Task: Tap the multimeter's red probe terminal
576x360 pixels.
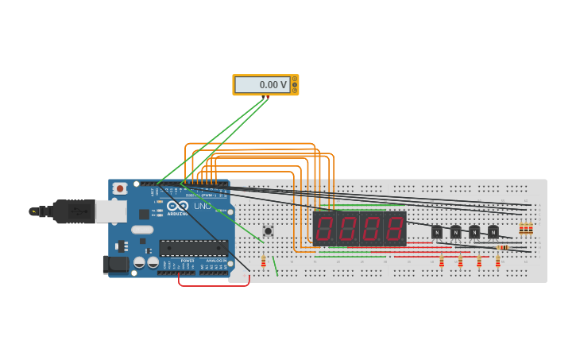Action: (x=268, y=97)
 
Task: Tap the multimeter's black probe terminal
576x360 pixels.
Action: (x=263, y=97)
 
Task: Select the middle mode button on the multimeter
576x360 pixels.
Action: (x=295, y=84)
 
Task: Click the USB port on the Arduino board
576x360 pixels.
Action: (x=110, y=211)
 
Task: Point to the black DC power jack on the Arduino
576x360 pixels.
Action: (x=115, y=265)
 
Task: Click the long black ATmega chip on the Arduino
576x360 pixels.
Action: (x=193, y=248)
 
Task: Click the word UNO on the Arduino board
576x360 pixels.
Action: (x=203, y=207)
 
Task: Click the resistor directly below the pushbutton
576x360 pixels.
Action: (x=264, y=261)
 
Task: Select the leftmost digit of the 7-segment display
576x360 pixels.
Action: (x=324, y=229)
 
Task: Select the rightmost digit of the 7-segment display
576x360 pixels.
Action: (x=394, y=229)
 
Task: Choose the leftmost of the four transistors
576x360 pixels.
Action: (x=436, y=232)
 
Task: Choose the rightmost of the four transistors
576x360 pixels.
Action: (x=493, y=232)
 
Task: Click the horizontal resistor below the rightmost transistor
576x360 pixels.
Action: (x=502, y=247)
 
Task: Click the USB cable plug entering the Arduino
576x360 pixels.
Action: (x=75, y=211)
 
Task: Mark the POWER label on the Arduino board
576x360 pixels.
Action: (x=187, y=260)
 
